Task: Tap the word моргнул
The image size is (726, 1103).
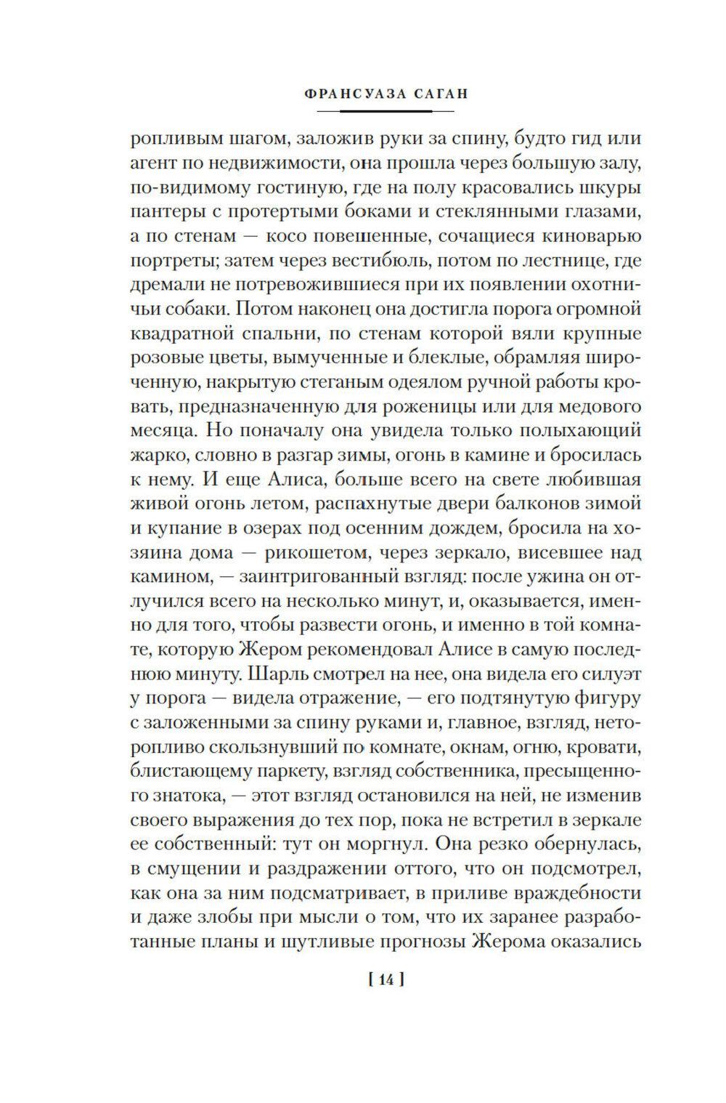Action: pos(422,844)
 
